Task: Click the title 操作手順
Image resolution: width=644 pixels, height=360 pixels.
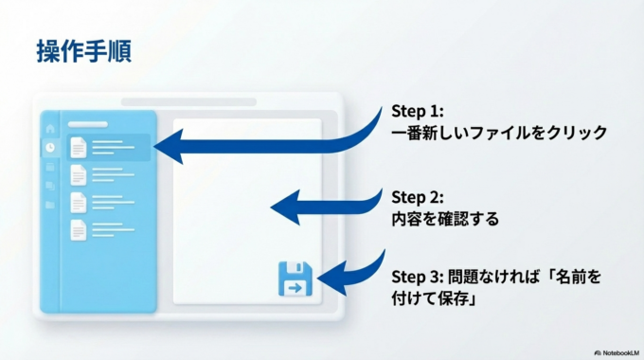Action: (x=83, y=52)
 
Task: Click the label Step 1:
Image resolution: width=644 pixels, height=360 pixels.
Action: (x=418, y=111)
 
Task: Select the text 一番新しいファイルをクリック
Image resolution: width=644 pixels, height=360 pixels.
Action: (x=499, y=133)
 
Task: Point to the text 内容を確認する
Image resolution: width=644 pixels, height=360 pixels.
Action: (x=444, y=219)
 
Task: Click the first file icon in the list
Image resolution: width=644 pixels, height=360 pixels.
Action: (x=79, y=147)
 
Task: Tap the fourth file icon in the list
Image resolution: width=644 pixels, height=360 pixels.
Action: (x=79, y=229)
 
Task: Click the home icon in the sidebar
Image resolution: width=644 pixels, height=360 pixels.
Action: (x=50, y=128)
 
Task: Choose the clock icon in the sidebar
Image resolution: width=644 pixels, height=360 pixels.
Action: (x=50, y=148)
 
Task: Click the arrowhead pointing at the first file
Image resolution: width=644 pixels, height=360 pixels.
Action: (x=167, y=147)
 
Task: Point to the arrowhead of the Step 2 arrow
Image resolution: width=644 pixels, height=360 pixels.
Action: (x=282, y=205)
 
